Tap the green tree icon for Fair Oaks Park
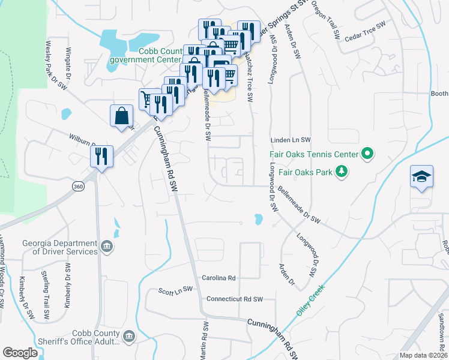pos(342,173)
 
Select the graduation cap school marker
pos(421,177)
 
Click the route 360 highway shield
pos(78,187)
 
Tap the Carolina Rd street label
pos(218,278)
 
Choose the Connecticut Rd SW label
pos(235,299)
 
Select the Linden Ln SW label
pos(290,139)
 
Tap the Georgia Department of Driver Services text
pos(60,247)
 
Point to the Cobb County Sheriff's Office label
pos(96,337)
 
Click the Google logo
pos(20,353)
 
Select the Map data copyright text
pos(423,355)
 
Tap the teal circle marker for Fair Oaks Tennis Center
pos(367,154)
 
